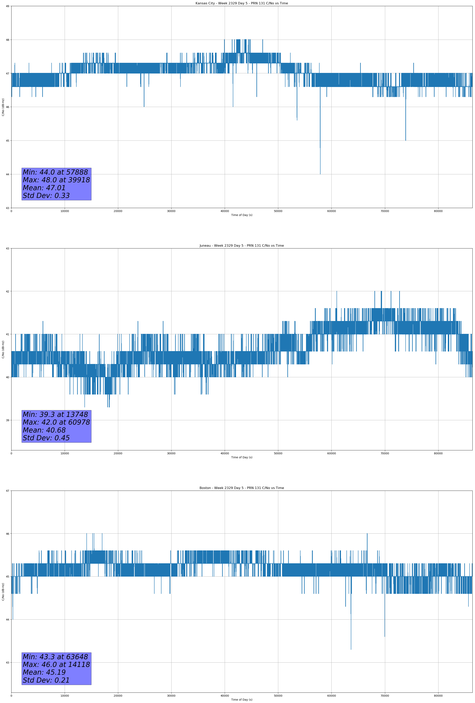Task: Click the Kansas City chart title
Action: [242, 3]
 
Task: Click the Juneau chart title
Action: [242, 246]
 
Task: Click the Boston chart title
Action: [242, 488]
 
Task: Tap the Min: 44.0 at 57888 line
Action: [55, 172]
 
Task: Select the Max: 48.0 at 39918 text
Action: [56, 180]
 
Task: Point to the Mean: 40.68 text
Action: [44, 430]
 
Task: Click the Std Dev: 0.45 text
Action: [46, 438]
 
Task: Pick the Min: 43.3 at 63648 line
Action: [55, 657]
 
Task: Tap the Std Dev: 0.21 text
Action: [46, 680]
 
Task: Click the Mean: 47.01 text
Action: [44, 188]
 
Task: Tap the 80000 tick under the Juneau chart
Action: [438, 453]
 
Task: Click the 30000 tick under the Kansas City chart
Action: [171, 211]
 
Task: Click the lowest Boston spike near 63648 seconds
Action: [351, 648]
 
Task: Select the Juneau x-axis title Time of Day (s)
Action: [242, 457]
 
